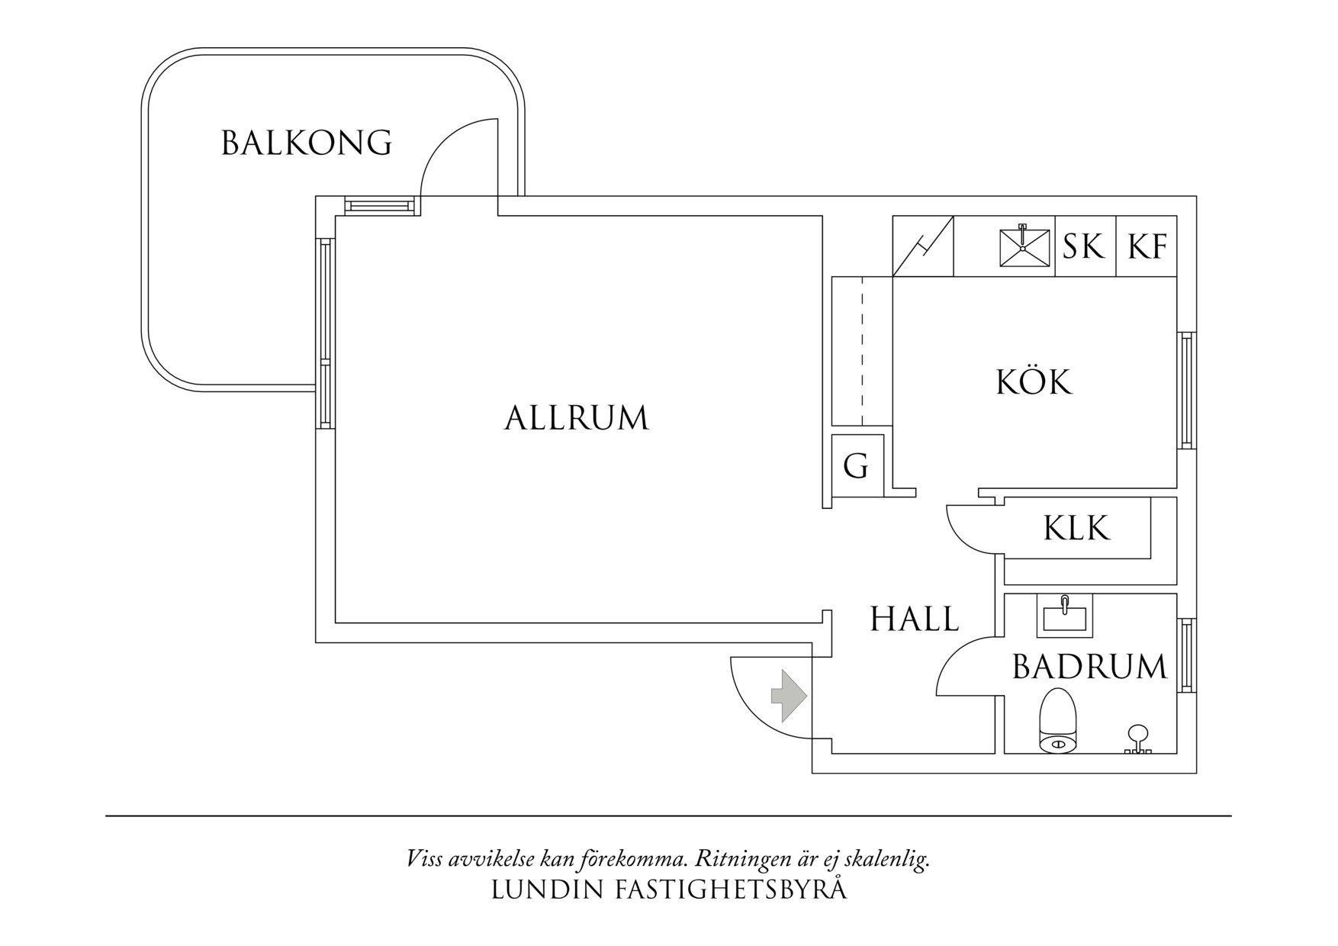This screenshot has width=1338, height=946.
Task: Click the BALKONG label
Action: (x=307, y=143)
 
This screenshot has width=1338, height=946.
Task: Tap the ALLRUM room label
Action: (x=576, y=418)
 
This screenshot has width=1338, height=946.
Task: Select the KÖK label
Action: (x=1034, y=381)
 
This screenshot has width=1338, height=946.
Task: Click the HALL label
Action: (x=915, y=619)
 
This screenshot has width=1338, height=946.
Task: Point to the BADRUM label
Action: (x=1089, y=667)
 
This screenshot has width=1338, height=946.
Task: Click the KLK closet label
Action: (x=1076, y=528)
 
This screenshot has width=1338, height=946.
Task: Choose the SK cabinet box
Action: (x=1084, y=246)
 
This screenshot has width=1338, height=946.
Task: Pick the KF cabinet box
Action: (x=1147, y=246)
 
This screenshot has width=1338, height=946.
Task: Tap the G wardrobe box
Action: (x=856, y=465)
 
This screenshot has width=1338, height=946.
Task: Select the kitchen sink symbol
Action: (x=1022, y=246)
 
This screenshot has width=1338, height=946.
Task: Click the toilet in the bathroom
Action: (x=1058, y=721)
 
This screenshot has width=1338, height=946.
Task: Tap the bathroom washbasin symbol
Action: (x=1064, y=616)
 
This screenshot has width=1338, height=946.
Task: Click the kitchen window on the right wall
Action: (x=1186, y=391)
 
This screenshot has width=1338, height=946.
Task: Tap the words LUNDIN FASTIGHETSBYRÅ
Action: (x=668, y=890)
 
